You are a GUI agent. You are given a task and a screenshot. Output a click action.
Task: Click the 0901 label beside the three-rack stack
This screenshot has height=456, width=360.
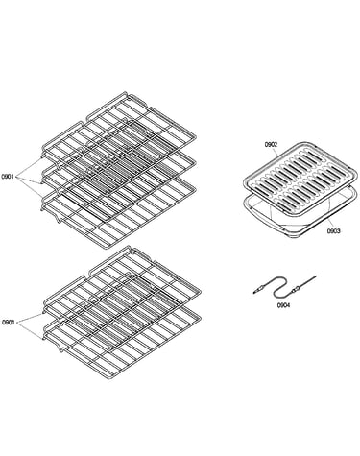8,177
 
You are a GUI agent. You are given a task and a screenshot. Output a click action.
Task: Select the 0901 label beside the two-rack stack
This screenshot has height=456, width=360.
9,323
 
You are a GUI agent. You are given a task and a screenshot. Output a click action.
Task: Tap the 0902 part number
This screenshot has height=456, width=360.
271,145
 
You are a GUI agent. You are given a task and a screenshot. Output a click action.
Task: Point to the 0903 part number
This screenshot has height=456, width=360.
333,231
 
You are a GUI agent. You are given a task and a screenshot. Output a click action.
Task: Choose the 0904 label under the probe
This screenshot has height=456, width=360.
283,305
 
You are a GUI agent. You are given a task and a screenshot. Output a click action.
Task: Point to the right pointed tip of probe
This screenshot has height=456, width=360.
315,276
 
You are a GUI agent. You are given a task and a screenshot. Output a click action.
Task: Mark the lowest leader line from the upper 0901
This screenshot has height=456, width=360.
29,186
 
